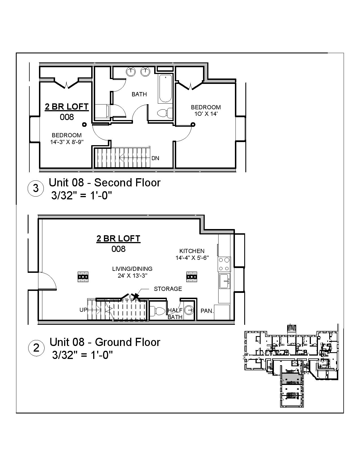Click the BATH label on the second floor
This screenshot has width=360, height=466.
pos(139,94)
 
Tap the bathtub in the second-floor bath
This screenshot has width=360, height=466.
pos(165,88)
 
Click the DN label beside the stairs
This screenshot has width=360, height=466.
pos(155,158)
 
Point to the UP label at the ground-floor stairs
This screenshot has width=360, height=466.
pos(83,310)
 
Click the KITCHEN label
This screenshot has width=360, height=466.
pos(192,251)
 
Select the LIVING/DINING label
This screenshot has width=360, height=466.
pos(132,269)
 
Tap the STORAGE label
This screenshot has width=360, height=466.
pos(168,289)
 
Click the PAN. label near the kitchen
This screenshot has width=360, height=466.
pos(207,311)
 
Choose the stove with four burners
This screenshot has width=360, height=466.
pos(224,264)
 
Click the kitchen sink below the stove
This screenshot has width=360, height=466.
pos(225,281)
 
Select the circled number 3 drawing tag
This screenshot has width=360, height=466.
pos(36,188)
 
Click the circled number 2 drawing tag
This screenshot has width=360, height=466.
pos(36,348)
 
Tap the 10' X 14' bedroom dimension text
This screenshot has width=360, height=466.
pos(206,114)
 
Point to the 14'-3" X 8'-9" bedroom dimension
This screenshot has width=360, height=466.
pos(67,142)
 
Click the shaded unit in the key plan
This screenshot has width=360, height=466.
pos(291,378)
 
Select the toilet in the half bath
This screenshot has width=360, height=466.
pos(159,311)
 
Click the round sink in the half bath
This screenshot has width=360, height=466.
pos(189,310)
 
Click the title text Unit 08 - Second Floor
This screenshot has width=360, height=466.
pos(104,183)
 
